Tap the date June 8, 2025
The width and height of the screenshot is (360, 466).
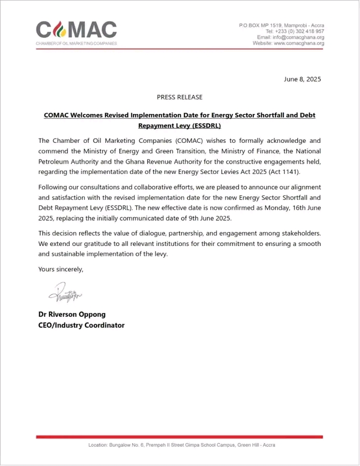pos(303,79)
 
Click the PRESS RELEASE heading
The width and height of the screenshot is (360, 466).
pos(180,97)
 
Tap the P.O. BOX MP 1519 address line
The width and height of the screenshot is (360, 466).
pos(281,25)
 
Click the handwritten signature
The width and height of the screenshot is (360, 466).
pos(65,295)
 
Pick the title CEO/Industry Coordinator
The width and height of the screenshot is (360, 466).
pos(81,325)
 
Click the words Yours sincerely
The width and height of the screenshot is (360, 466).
pos(61,269)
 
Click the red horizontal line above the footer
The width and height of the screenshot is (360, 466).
pos(179,437)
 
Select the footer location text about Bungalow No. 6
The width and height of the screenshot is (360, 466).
pos(181,445)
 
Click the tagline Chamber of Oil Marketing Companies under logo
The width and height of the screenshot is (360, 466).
pos(76,43)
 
